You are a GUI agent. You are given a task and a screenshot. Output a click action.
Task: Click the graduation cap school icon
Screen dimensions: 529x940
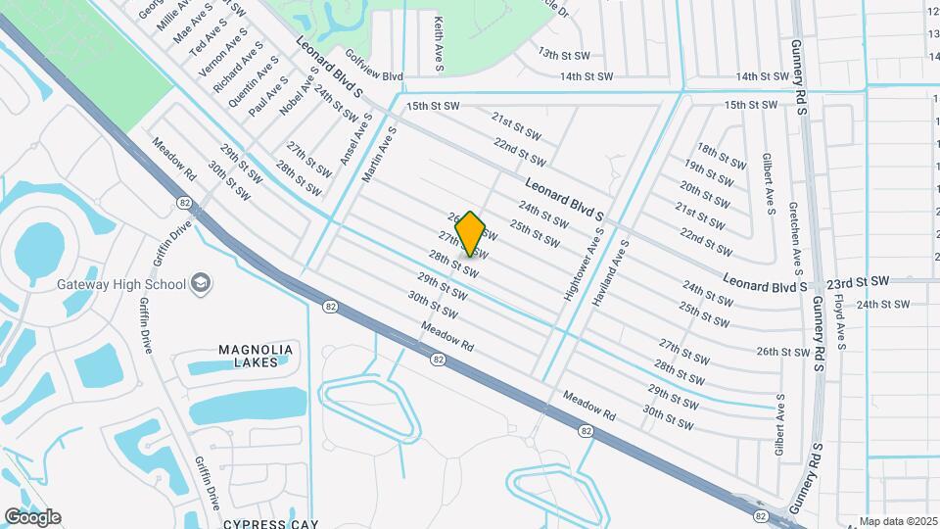coord(201,283)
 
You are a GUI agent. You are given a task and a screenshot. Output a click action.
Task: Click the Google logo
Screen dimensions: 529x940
coord(32,517)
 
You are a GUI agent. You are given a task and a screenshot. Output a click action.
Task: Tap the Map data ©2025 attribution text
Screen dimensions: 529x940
coord(897,521)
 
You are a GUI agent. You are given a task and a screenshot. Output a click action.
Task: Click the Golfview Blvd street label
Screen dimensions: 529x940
coord(372,75)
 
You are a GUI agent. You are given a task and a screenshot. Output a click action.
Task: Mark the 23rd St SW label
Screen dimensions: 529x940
coord(856,281)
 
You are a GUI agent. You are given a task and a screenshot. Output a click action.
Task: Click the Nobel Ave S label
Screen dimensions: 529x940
coord(300,92)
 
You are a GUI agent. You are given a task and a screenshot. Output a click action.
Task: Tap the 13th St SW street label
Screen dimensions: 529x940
coord(561,55)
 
